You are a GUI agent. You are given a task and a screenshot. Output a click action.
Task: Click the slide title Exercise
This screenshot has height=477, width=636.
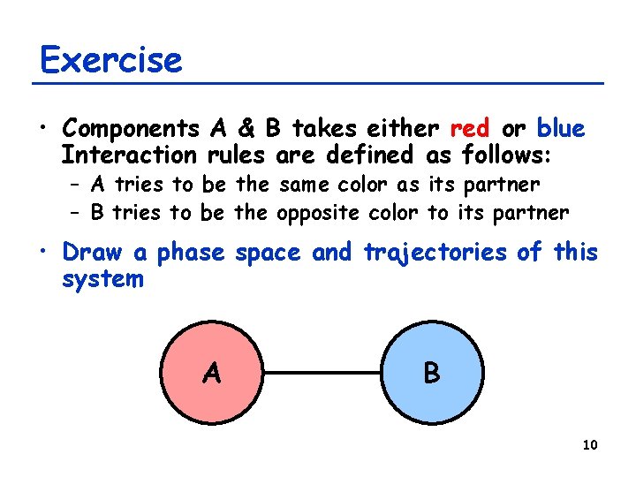point(111,60)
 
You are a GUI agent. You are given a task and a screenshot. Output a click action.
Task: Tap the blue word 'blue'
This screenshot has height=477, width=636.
point(561,129)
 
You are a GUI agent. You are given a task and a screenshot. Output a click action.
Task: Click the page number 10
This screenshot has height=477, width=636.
point(590,444)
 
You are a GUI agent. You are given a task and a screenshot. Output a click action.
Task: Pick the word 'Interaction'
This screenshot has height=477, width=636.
point(129,155)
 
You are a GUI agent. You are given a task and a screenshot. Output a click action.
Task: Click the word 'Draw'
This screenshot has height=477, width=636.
point(94,254)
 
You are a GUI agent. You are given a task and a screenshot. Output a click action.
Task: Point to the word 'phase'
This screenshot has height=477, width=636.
point(192,254)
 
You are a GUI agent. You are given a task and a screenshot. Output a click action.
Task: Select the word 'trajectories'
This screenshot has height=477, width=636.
point(435,254)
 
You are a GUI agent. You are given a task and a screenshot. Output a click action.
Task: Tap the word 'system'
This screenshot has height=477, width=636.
point(102,279)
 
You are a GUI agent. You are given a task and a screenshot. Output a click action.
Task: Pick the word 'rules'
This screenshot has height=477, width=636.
point(238,155)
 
